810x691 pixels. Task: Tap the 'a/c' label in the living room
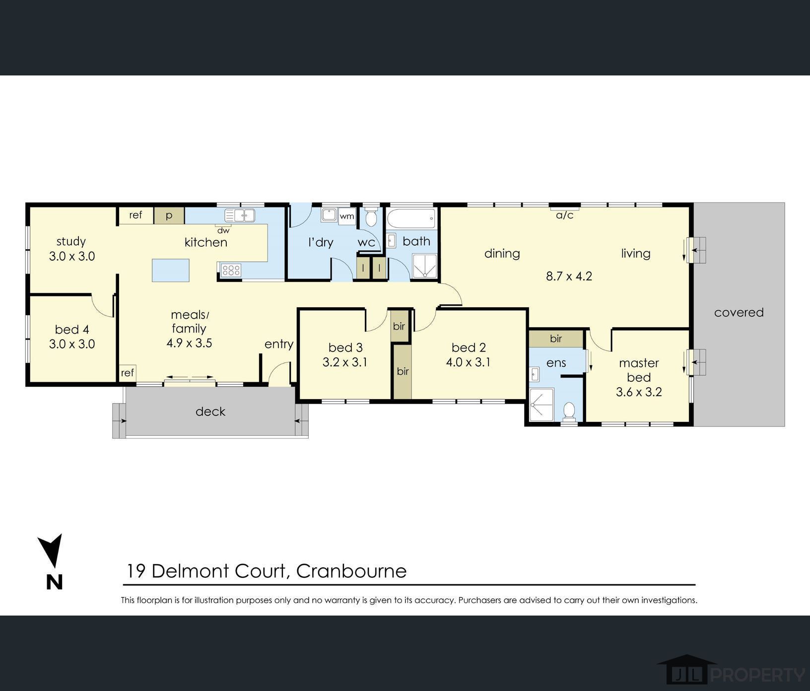pyautogui.click(x=564, y=215)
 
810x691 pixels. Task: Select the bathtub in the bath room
pyautogui.click(x=411, y=218)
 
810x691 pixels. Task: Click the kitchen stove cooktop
pyautogui.click(x=231, y=270)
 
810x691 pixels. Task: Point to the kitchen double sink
pyautogui.click(x=240, y=215)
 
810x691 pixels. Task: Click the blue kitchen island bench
pyautogui.click(x=170, y=270)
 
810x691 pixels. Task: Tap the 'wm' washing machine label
pyautogui.click(x=347, y=216)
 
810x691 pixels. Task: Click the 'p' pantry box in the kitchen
pyautogui.click(x=169, y=215)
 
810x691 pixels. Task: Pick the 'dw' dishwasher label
pyautogui.click(x=223, y=230)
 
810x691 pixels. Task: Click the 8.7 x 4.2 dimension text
pyautogui.click(x=569, y=276)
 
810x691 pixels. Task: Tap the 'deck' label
pyautogui.click(x=210, y=412)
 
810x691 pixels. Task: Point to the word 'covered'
pyautogui.click(x=739, y=312)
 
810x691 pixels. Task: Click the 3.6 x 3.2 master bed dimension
pyautogui.click(x=639, y=392)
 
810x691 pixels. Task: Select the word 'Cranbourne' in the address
pyautogui.click(x=351, y=571)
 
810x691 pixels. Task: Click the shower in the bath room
pyautogui.click(x=425, y=267)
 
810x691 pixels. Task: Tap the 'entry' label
pyautogui.click(x=279, y=344)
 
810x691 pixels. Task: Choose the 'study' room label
pyautogui.click(x=71, y=242)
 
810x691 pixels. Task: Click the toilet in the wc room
pyautogui.click(x=371, y=217)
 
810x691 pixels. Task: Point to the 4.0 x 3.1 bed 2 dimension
pyautogui.click(x=468, y=362)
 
